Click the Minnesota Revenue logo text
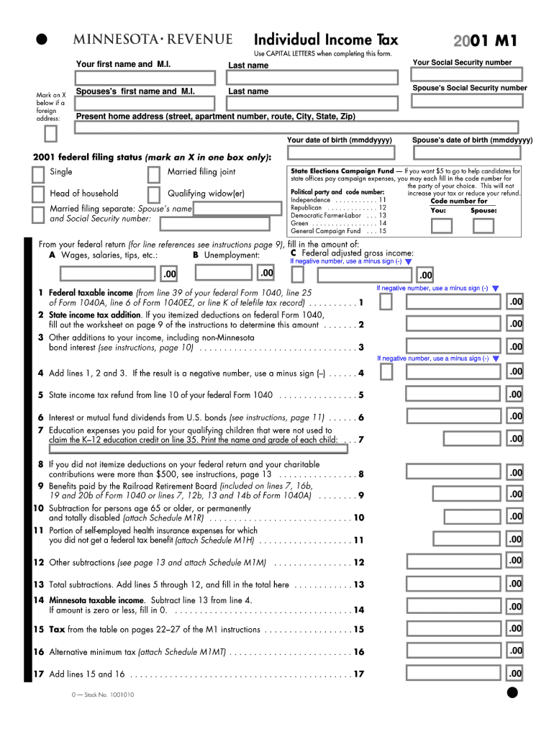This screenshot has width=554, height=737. click(151, 40)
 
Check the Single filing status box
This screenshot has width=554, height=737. click(37, 174)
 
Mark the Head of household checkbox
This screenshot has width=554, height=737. click(37, 195)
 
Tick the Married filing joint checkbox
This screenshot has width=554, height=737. click(153, 174)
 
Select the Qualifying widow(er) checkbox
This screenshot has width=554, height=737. click(153, 195)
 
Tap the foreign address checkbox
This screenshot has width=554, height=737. click(50, 135)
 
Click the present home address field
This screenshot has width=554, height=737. click(302, 128)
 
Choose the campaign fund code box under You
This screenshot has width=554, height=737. click(441, 225)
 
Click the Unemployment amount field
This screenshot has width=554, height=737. click(225, 273)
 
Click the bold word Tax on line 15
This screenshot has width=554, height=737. click(57, 630)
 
